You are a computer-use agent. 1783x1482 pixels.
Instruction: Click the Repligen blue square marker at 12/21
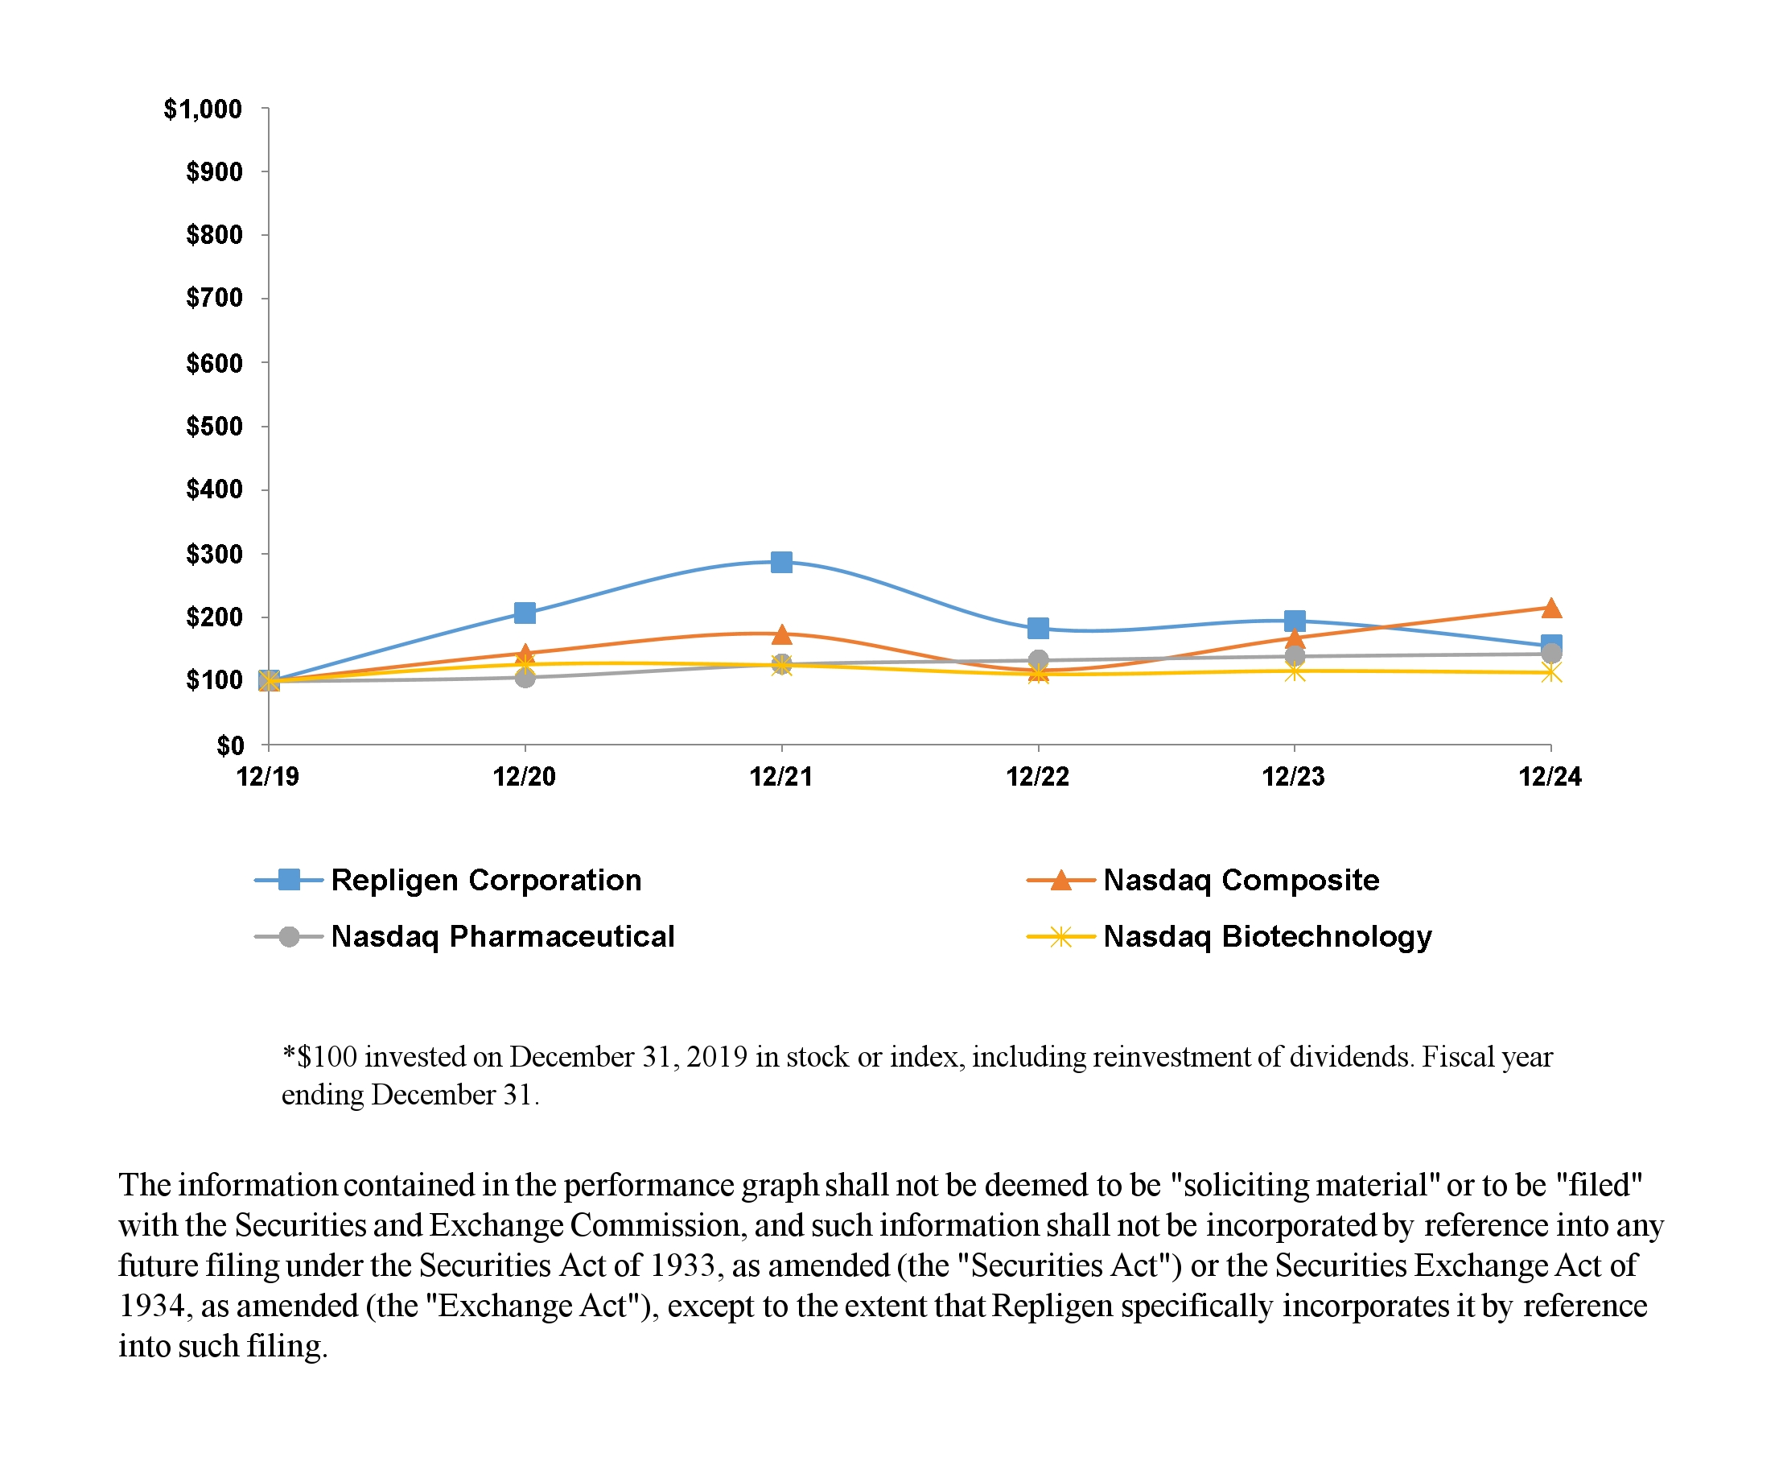[781, 562]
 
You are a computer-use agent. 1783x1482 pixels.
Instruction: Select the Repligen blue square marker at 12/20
[525, 613]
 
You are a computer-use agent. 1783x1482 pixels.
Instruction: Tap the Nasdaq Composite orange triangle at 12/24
[1550, 608]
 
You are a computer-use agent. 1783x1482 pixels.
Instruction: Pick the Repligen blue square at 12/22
[1038, 629]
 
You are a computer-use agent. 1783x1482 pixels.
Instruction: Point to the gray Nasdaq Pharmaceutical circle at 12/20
[525, 677]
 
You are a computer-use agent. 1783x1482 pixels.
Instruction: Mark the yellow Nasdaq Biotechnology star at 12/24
[1550, 673]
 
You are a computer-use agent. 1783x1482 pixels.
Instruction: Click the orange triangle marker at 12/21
[781, 634]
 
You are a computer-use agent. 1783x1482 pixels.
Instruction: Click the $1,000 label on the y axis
[203, 109]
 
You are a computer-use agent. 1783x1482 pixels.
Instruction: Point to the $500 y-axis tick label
[214, 427]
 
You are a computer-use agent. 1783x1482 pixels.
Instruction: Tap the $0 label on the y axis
[229, 745]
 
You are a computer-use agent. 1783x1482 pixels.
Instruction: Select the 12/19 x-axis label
[267, 776]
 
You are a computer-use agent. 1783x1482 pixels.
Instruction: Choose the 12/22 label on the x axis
[1038, 776]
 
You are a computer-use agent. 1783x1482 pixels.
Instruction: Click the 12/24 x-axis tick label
[1550, 776]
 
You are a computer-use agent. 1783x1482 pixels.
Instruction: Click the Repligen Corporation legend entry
[486, 880]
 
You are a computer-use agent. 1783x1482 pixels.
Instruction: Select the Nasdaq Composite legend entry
[1241, 880]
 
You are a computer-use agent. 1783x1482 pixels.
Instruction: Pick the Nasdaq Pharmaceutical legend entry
[503, 936]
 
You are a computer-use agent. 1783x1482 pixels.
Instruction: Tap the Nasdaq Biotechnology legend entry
[1266, 936]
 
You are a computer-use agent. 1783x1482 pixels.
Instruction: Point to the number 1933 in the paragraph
[685, 1265]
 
